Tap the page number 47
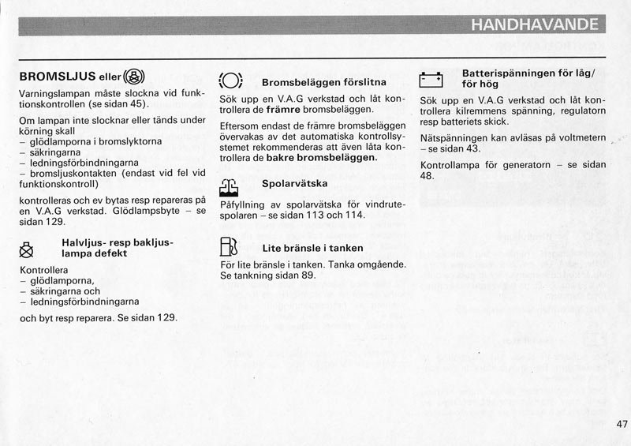[x=622, y=424]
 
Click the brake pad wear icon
[x=230, y=81]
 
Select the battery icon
[x=431, y=79]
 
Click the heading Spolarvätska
[x=295, y=184]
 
